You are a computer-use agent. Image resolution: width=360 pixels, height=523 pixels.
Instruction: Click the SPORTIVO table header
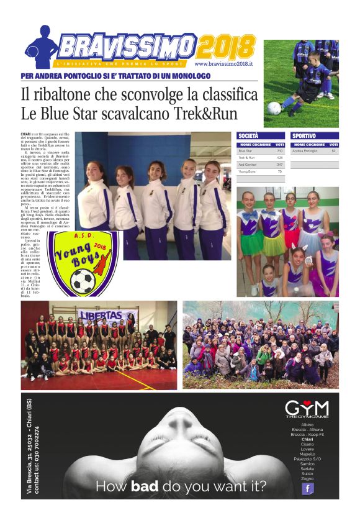pyautogui.click(x=304, y=135)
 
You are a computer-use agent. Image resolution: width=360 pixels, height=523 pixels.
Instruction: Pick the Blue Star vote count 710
pyautogui.click(x=279, y=151)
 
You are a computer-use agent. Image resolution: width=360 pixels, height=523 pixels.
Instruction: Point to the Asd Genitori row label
pyautogui.click(x=250, y=165)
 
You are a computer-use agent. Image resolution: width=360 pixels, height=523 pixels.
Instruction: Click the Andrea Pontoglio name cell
pyautogui.click(x=305, y=151)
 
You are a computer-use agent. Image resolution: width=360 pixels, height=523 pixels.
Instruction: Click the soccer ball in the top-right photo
pyautogui.click(x=274, y=108)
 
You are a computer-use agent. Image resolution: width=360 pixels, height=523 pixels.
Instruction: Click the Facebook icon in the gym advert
pyautogui.click(x=307, y=488)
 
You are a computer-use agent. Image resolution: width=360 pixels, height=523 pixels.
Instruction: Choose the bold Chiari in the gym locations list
pyautogui.click(x=307, y=439)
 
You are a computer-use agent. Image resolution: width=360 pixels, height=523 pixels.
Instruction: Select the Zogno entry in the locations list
pyautogui.click(x=307, y=478)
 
